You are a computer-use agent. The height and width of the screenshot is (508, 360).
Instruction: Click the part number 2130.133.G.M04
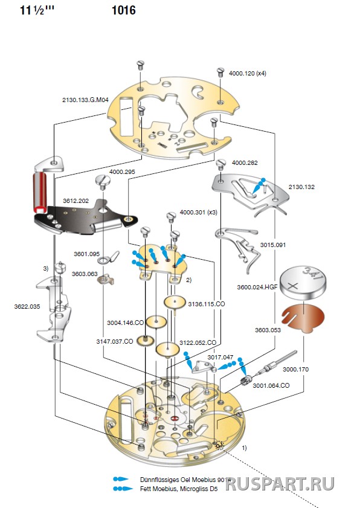click(x=85, y=100)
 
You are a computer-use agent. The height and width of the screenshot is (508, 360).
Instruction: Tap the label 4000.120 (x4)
click(x=248, y=74)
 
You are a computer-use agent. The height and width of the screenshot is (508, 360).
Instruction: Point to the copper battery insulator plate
click(x=303, y=318)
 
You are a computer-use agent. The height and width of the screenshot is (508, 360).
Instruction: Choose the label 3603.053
click(x=268, y=330)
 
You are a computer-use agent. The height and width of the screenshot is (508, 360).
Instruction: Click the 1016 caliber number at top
click(x=123, y=10)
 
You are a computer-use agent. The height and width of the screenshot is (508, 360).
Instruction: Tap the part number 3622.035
click(x=27, y=306)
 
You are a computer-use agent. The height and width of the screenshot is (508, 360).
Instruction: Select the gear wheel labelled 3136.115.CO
click(x=175, y=303)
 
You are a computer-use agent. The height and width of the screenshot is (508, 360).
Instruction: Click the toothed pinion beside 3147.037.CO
click(x=145, y=341)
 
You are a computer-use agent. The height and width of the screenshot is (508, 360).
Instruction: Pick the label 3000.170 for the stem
click(x=295, y=369)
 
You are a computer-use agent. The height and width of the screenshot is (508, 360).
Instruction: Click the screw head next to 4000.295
click(x=103, y=180)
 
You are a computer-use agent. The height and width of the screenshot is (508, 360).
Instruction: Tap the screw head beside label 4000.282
click(x=221, y=163)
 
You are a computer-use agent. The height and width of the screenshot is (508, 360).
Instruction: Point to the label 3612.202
click(x=76, y=201)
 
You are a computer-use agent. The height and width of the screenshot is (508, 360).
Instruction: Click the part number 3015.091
click(x=273, y=245)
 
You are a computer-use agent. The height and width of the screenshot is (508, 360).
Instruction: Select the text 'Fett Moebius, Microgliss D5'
click(x=179, y=489)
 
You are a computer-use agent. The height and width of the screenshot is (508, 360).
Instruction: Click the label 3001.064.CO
click(x=271, y=385)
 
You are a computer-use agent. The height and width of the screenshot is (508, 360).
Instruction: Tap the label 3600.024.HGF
click(x=257, y=287)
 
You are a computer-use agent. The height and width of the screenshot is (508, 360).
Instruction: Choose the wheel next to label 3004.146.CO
click(x=156, y=322)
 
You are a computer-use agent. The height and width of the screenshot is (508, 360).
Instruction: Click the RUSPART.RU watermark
click(x=280, y=484)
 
